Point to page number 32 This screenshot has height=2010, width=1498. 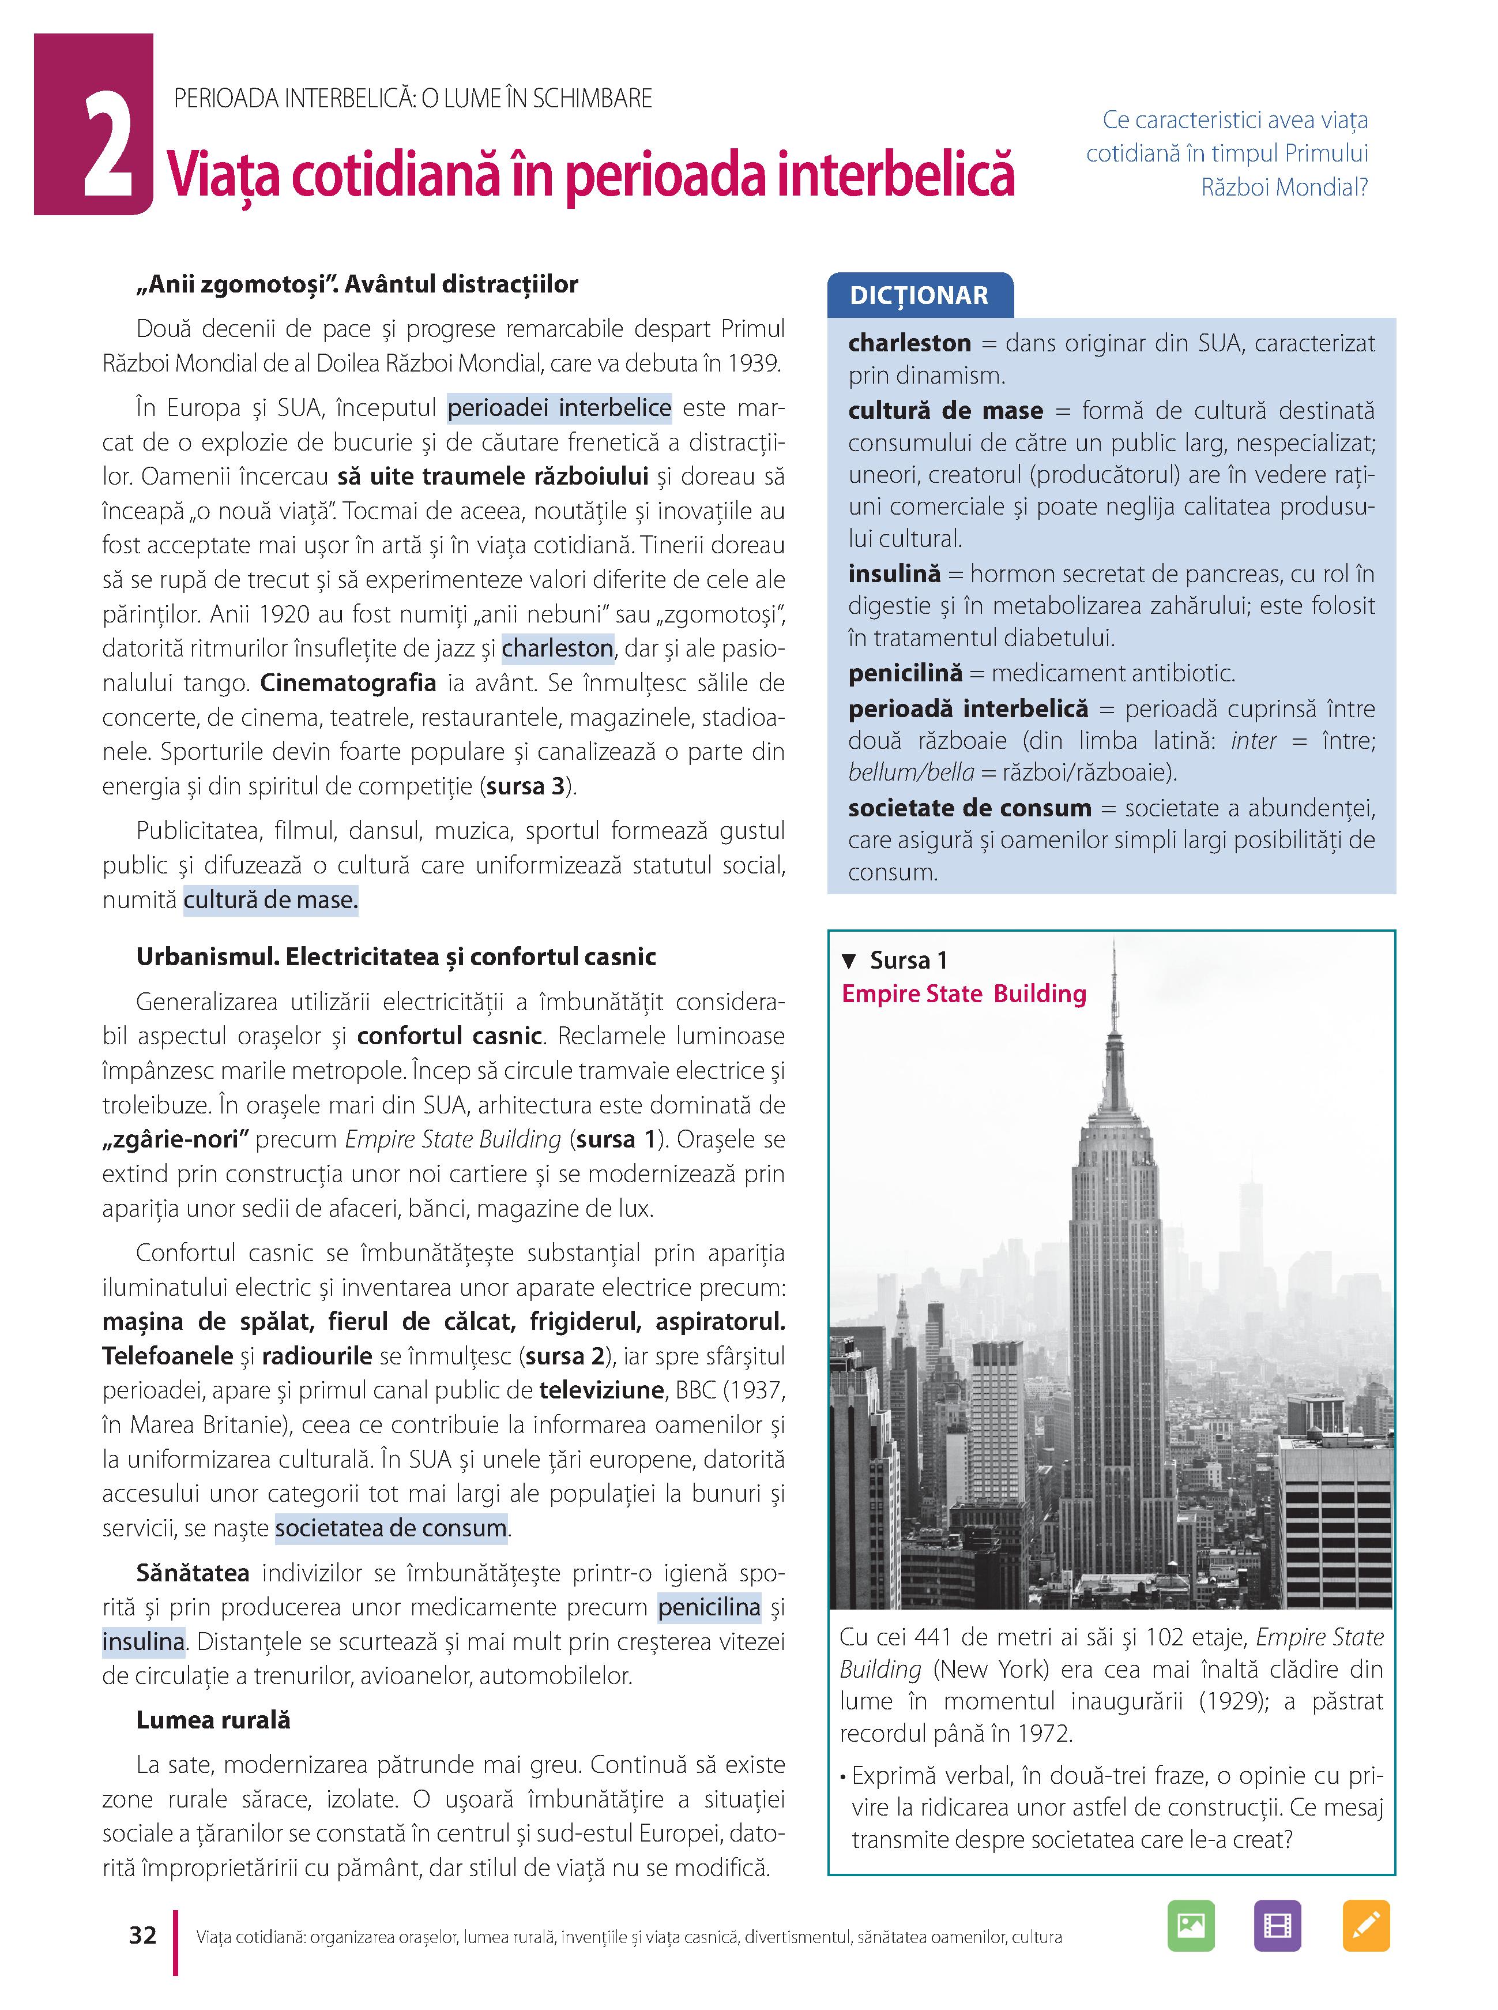(142, 1935)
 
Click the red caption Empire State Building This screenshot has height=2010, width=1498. (964, 994)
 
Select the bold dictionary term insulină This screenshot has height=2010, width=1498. (894, 574)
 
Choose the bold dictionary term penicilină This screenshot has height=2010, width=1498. (905, 673)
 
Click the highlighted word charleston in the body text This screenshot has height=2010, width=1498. (558, 648)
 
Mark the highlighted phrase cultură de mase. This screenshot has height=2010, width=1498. (270, 900)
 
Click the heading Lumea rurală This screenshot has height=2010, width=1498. (213, 1720)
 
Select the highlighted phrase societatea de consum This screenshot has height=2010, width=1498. (391, 1528)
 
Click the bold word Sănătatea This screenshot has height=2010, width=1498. (192, 1573)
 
